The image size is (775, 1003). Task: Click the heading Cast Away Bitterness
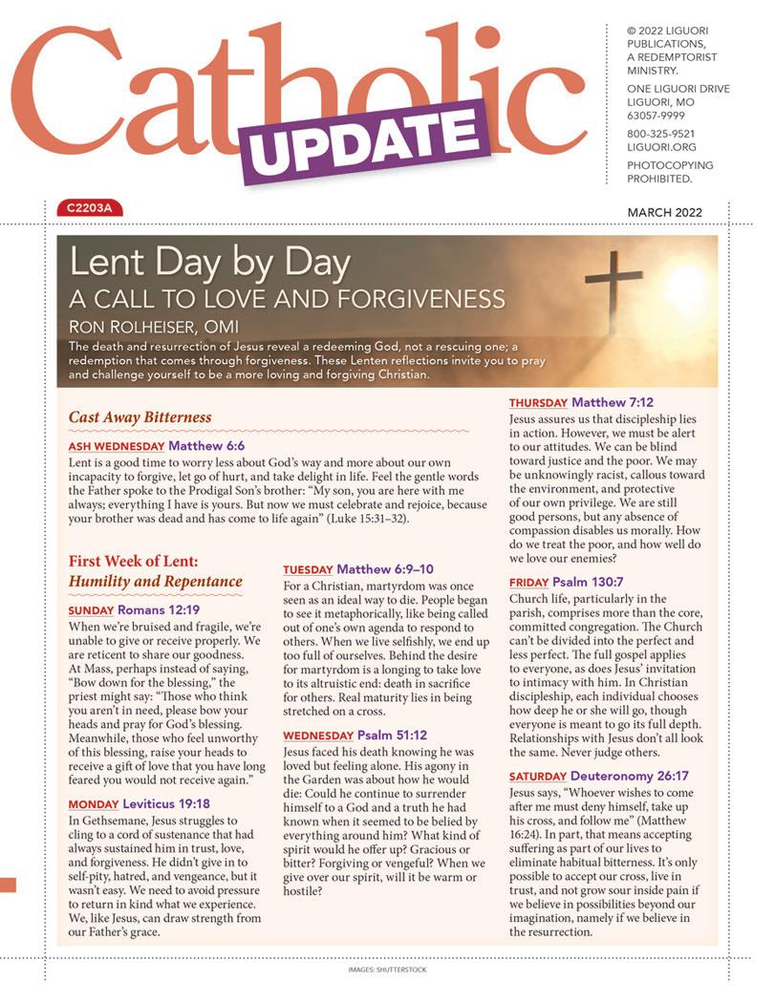coord(140,417)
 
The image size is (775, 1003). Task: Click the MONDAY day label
coord(94,805)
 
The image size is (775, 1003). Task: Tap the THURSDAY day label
coord(538,403)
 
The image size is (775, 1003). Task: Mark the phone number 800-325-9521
coord(660,135)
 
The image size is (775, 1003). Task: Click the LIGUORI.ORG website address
coord(661,148)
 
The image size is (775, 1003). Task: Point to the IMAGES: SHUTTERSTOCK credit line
coord(387,970)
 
